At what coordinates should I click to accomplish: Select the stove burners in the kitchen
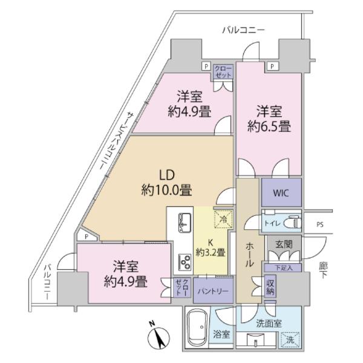(185, 261)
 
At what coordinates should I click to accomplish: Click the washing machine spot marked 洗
(292, 340)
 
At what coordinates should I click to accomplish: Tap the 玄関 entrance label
(283, 244)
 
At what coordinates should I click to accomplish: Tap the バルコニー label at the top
(243, 29)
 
